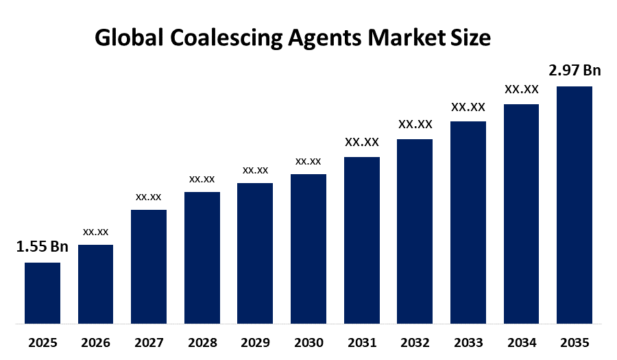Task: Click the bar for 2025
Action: [43, 293]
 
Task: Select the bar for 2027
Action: [149, 266]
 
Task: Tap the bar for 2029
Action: [255, 253]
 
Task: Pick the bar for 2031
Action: [361, 240]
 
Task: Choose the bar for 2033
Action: [468, 222]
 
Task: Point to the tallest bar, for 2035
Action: [574, 204]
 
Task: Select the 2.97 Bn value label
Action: [574, 71]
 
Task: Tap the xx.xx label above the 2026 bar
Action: [95, 232]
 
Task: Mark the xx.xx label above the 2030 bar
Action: [308, 161]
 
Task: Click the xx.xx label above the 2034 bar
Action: [521, 89]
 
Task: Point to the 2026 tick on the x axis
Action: [95, 342]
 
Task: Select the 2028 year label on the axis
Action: [202, 342]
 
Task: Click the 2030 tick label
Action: [308, 342]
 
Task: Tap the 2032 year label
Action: [415, 342]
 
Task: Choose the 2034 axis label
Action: [521, 342]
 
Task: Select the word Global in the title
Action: [128, 38]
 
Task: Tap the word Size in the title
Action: [472, 38]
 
